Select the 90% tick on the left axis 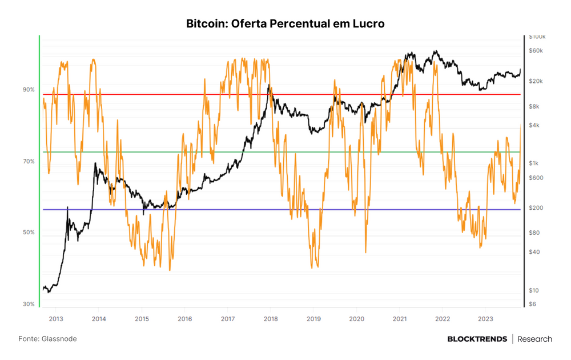[29, 90]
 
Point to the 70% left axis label [29, 161]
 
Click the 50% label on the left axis [29, 233]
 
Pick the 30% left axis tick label [29, 304]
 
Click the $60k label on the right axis [536, 51]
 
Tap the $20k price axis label [536, 81]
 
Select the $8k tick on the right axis [534, 107]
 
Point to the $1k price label [533, 163]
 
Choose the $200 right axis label [536, 208]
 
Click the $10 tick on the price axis [533, 290]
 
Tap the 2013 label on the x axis [56, 319]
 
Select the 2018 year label [271, 319]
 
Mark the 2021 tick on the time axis [400, 319]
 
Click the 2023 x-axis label [485, 319]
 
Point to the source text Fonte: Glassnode [48, 339]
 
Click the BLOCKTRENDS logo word [477, 339]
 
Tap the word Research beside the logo [535, 339]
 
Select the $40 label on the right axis [534, 252]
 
